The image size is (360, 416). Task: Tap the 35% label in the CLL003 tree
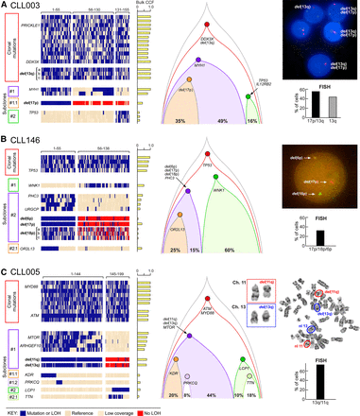click(x=179, y=123)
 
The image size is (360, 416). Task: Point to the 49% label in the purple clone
click(x=223, y=123)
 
